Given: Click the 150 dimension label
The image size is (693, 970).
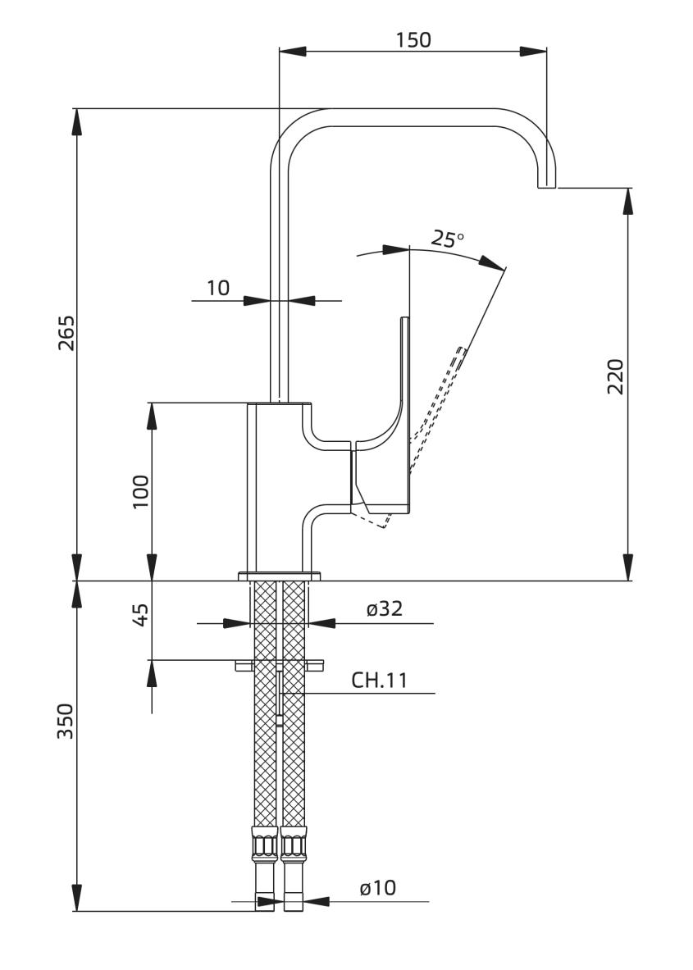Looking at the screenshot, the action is pos(413,39).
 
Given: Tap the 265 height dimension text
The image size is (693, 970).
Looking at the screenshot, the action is pos(66,333).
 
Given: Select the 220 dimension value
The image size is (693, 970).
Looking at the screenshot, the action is pos(616,376).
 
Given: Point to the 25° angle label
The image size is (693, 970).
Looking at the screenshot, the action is pos(447,239).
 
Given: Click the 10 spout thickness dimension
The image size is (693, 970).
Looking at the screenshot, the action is pos(218,288).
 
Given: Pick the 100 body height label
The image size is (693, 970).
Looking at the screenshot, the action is pos(141,492).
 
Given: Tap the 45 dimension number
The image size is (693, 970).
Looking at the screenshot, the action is pos(141,615).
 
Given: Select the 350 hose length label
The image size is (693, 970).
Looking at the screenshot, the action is pos(66,721).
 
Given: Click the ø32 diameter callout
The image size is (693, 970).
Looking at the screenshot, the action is pos(385,608).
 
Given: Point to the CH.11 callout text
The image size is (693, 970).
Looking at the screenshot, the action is pos(379,681).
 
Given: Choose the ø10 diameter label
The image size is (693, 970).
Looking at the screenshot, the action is pos(377,888).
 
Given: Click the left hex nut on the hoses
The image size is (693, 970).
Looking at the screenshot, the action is pos(266,843).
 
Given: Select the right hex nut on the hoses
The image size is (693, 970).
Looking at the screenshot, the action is pos(294,843).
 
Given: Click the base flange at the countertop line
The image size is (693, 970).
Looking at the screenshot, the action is pos(280,576).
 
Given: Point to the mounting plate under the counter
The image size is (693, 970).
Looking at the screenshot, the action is pos(280,665).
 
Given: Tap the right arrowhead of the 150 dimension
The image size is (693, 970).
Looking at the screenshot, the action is pos(533,52).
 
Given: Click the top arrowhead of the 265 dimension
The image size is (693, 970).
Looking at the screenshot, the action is pos(77,122).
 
